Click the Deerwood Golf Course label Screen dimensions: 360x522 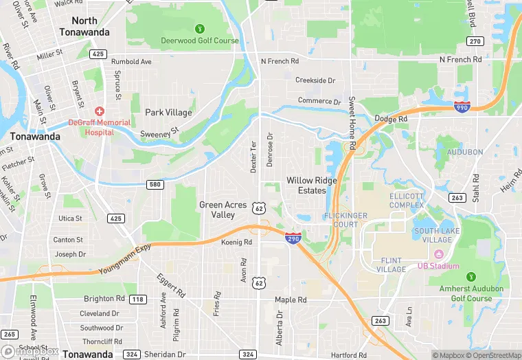(200, 41)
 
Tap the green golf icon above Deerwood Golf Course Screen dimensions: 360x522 (200, 29)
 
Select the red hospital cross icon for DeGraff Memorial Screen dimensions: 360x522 (100, 111)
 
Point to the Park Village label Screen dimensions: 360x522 (168, 113)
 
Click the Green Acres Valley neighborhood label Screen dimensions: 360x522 (223, 210)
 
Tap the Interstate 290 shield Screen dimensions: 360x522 (293, 238)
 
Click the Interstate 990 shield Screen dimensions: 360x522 (462, 106)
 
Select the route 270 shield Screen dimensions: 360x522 (475, 42)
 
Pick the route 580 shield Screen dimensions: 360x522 (155, 184)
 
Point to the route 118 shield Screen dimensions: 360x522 (138, 299)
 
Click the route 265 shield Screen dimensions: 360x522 (9, 334)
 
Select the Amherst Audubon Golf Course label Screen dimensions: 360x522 (471, 293)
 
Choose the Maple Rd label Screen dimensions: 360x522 (291, 300)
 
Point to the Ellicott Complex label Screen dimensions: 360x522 (407, 201)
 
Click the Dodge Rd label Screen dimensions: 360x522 (391, 119)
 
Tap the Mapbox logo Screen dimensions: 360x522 (30, 351)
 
